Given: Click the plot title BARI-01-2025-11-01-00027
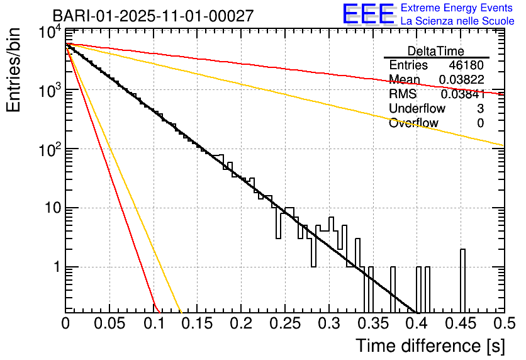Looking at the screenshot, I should [153, 16].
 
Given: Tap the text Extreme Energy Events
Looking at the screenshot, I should [457, 8].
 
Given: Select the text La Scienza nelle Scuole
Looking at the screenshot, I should [457, 21].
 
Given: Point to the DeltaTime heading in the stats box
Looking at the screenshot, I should [436, 51].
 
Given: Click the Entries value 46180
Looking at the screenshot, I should [466, 65].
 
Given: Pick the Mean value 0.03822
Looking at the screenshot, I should [461, 80].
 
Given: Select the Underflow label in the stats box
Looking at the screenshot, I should [417, 109].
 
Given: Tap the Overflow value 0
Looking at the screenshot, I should [480, 123].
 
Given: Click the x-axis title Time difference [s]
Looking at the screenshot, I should [430, 346].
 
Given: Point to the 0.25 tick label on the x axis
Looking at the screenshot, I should [284, 323].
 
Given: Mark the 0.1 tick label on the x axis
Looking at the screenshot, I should [153, 323].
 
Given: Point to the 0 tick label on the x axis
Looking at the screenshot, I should [65, 323].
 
